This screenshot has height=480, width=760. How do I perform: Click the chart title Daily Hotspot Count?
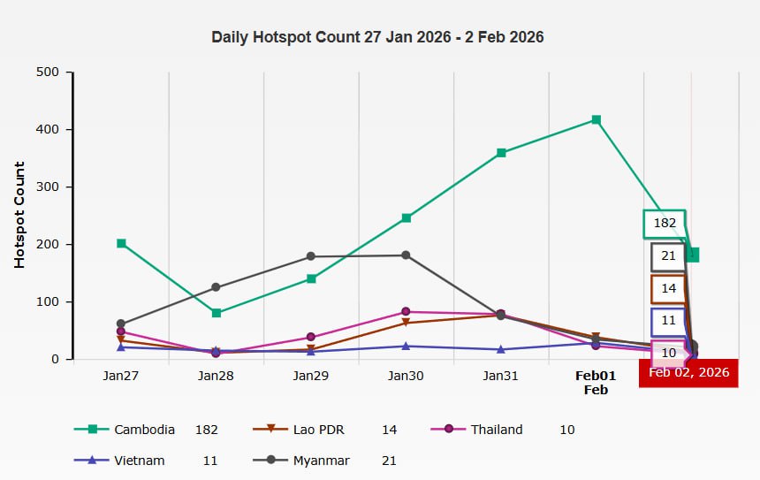pyautogui.click(x=377, y=37)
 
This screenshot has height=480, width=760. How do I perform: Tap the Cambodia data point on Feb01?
pyautogui.click(x=597, y=120)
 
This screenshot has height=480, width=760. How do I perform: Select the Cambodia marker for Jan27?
pyautogui.click(x=121, y=243)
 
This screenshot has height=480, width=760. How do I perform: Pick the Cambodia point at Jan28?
pyautogui.click(x=217, y=313)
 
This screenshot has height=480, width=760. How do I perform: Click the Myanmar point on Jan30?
pyautogui.click(x=406, y=255)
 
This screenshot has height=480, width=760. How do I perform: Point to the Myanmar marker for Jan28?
pyautogui.click(x=217, y=287)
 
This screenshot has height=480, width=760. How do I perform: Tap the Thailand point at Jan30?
pyautogui.click(x=406, y=312)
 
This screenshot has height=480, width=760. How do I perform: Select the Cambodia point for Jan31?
pyautogui.click(x=501, y=153)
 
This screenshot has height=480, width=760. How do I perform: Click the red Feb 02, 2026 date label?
pyautogui.click(x=689, y=372)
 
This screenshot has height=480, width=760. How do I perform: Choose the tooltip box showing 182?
pyautogui.click(x=665, y=224)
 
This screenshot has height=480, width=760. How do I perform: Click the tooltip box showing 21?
pyautogui.click(x=668, y=256)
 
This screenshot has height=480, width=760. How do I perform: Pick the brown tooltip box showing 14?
pyautogui.click(x=668, y=289)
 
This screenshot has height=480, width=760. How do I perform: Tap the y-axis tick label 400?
pyautogui.click(x=48, y=130)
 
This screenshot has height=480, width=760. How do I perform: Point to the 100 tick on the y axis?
pyautogui.click(x=48, y=302)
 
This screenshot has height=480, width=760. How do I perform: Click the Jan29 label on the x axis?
pyautogui.click(x=310, y=376)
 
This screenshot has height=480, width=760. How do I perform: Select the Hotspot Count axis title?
pyautogui.click(x=19, y=215)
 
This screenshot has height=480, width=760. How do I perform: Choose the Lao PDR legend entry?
pyautogui.click(x=319, y=430)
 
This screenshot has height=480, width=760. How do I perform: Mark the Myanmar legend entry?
pyautogui.click(x=321, y=461)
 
